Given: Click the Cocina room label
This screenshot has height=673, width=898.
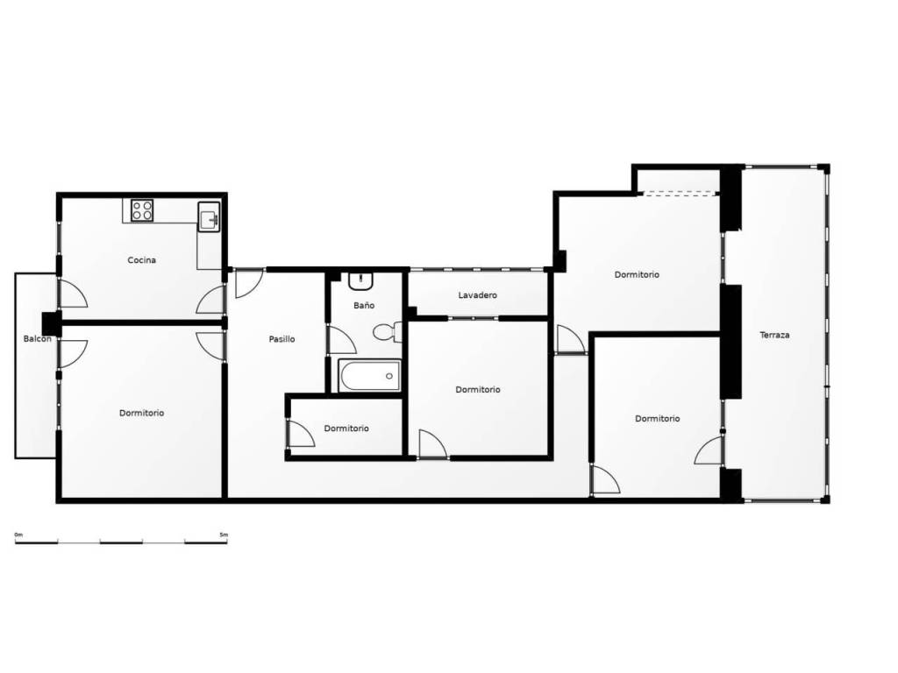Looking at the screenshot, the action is pos(141,260).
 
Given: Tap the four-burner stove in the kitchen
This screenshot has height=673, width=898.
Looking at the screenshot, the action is pos(142,210).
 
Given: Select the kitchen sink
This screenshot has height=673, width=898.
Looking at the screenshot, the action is pos(209,217).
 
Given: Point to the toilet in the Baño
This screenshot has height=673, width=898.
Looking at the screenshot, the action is pos(388,331).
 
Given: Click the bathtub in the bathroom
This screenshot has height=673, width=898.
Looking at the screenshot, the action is pos(369,375).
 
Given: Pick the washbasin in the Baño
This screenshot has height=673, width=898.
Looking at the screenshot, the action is pos(360,281).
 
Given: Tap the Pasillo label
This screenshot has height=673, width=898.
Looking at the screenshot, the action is pos(282,339).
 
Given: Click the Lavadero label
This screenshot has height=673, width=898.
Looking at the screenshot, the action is pos(478,295).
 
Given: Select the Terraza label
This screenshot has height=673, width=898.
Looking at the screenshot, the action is pos(774,336).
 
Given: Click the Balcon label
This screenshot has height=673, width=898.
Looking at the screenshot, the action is pos(37,339).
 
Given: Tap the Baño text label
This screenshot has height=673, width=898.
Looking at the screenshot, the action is pos(364,306).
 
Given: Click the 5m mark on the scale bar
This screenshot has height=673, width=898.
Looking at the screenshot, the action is pos(224,535).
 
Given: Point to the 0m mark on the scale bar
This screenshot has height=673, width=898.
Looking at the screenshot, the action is pos(19,535).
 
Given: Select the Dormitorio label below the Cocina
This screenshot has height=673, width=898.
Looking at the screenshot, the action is pos(141,414).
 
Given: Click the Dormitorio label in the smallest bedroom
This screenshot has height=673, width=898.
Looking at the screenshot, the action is pos(346,429).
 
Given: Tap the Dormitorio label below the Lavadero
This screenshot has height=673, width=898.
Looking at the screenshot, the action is pos(478,390).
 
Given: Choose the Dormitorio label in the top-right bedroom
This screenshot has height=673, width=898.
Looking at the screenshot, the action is pos(637,274).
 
